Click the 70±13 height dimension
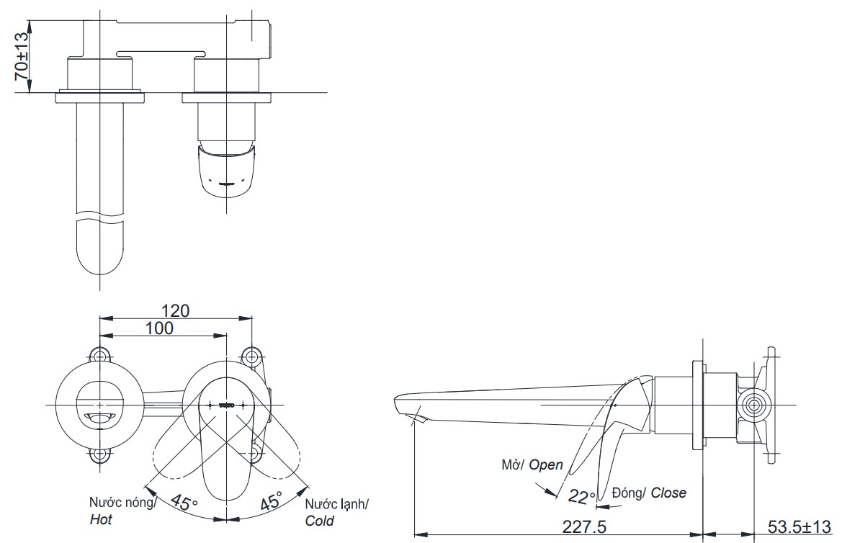(x=21, y=56)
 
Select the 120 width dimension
(x=175, y=310)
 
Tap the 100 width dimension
(x=158, y=328)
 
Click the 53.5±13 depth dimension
(x=797, y=528)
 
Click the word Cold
(x=319, y=520)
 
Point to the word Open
(x=546, y=465)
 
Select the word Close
(x=668, y=493)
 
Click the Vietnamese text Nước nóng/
(x=122, y=503)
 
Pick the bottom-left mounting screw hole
(x=99, y=454)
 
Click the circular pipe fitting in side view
(x=753, y=405)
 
